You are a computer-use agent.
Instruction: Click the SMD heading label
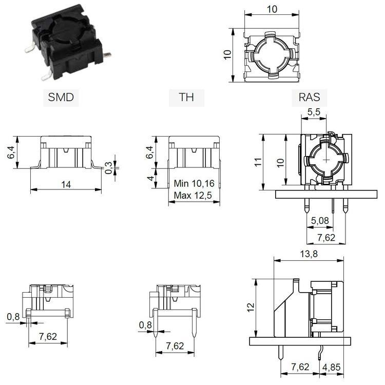pos(61,97)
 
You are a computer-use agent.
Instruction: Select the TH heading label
pos(186,97)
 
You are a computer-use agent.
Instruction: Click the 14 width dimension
pos(65,183)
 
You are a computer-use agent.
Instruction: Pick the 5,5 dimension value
pos(315,111)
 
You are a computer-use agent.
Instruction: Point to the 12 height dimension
pos(251,306)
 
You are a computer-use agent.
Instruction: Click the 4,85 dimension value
pos(333,368)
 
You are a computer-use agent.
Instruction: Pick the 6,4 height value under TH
pos(150,152)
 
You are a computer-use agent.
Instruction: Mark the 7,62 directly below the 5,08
pos(326,238)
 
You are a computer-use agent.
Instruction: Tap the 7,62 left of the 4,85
pos(301,368)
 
